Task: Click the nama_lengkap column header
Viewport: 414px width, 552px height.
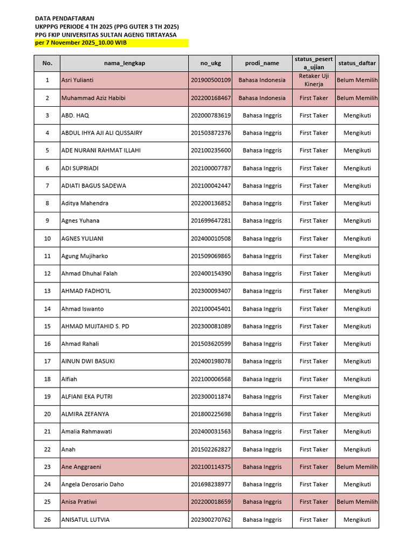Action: (x=124, y=63)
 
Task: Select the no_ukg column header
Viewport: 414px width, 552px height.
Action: (x=211, y=63)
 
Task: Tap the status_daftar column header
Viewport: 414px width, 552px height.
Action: (x=357, y=63)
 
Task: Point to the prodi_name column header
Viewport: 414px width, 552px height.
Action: (x=262, y=63)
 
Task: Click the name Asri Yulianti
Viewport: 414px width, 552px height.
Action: (x=78, y=80)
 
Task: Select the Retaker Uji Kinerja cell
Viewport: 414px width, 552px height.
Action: (x=314, y=80)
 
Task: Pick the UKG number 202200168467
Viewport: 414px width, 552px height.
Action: (x=211, y=98)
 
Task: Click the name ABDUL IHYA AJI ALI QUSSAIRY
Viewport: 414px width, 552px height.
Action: (x=102, y=133)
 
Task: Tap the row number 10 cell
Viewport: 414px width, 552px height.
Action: (x=47, y=238)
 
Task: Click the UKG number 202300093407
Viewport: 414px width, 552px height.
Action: (x=211, y=291)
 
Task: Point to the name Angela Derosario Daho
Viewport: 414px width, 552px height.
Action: (x=93, y=484)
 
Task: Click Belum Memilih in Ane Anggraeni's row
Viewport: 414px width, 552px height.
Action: (x=357, y=467)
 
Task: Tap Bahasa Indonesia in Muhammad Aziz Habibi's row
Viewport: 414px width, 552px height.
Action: (x=262, y=98)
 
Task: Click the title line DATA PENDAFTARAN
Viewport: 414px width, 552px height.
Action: (x=65, y=18)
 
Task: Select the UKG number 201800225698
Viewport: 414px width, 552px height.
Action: (x=211, y=414)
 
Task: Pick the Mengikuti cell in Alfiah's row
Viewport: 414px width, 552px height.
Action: (x=357, y=379)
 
